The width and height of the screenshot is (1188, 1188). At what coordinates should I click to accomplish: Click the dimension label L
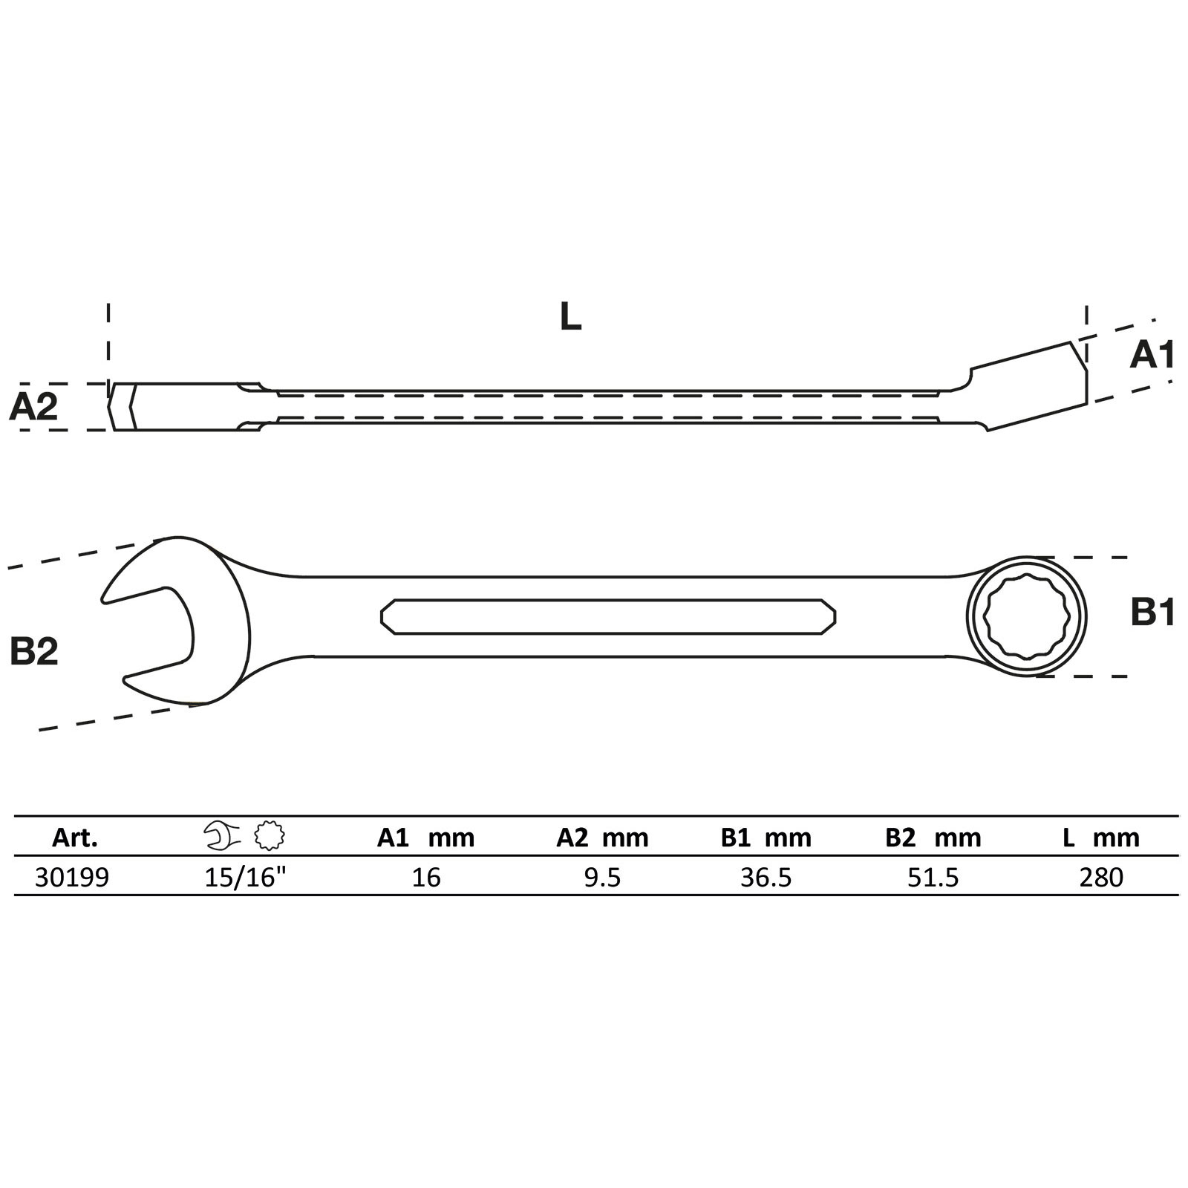click(570, 318)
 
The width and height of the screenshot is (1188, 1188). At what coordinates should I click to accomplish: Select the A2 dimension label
click(33, 407)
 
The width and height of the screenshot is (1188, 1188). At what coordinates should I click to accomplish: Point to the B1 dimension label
click(1152, 614)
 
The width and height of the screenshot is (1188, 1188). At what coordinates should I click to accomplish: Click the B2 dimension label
click(34, 651)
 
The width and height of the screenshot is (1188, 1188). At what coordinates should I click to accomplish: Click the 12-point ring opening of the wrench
click(1026, 616)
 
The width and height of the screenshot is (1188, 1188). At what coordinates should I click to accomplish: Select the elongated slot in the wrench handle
click(607, 616)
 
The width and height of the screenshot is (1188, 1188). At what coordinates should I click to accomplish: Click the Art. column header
click(75, 838)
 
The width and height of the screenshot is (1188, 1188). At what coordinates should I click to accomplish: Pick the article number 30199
click(72, 878)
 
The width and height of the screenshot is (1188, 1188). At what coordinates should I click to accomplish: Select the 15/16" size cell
click(245, 878)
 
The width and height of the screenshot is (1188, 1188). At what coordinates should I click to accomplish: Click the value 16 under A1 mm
click(426, 878)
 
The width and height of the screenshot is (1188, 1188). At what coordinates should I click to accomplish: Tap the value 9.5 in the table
click(602, 878)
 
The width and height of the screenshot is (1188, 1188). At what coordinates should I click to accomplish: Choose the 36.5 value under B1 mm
click(766, 878)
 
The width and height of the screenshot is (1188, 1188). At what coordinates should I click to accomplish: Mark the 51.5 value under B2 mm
click(933, 878)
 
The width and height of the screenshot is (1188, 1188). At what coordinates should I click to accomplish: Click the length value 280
click(1101, 878)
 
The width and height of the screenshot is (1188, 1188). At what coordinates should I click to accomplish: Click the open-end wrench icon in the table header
click(222, 836)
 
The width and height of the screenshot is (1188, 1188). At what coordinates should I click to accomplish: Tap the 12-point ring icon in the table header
click(269, 836)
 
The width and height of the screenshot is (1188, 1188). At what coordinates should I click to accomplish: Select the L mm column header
click(1100, 838)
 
